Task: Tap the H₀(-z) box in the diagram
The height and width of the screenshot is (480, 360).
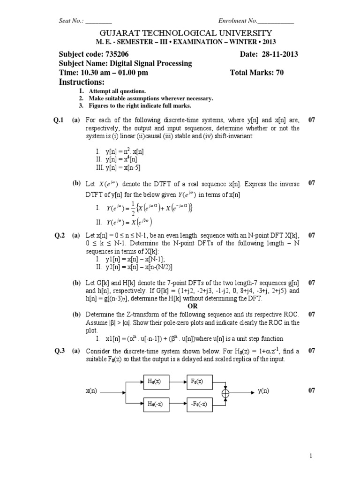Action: (155, 404)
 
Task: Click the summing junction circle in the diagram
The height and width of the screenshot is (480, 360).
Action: (226, 392)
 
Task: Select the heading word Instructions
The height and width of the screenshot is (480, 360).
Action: (81, 82)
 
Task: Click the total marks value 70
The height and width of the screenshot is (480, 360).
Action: (279, 73)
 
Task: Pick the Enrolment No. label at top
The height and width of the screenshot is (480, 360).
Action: (238, 21)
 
